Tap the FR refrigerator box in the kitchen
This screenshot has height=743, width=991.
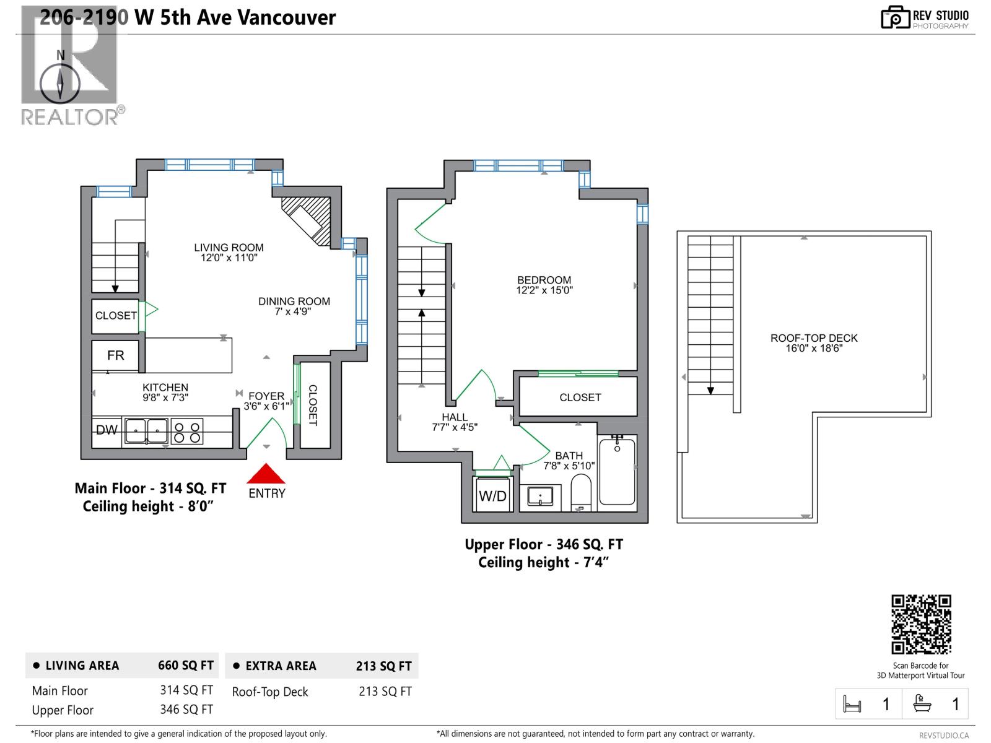[x=115, y=355]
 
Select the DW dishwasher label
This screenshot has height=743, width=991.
[x=107, y=430]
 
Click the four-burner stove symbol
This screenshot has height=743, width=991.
[x=186, y=432]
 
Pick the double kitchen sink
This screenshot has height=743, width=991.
[x=146, y=431]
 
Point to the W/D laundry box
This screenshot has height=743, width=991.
[x=493, y=495]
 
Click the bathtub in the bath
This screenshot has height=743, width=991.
[x=617, y=471]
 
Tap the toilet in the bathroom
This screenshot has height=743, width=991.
[x=581, y=492]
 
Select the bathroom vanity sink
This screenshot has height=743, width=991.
[x=540, y=497]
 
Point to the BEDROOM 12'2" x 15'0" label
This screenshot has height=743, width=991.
[x=544, y=285]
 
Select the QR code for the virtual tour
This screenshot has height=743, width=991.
[x=921, y=624]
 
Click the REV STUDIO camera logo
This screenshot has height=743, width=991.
[x=895, y=17]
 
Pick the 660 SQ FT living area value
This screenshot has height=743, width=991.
[x=185, y=666]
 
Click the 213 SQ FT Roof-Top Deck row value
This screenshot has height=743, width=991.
[x=385, y=692]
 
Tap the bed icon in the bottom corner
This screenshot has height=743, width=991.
[x=852, y=704]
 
